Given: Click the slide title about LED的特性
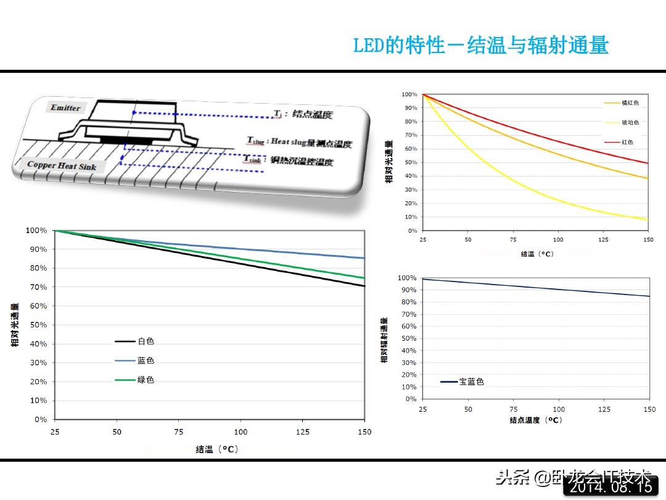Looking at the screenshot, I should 480,45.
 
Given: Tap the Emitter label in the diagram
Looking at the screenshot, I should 65,108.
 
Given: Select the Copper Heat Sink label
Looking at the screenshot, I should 62,165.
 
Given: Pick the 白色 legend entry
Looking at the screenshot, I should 146,341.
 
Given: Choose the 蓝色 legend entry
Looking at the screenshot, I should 146,360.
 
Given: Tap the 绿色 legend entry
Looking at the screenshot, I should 146,380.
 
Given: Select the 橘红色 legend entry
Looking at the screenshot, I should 630,102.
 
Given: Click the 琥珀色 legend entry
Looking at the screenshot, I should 630,122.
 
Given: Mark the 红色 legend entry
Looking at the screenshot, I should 627,142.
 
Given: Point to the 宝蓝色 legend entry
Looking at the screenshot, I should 471,381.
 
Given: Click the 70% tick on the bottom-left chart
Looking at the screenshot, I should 36,287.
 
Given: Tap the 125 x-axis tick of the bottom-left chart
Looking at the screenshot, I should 303,432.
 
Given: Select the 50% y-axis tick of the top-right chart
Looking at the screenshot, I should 409,162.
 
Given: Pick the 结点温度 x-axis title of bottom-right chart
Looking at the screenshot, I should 536,420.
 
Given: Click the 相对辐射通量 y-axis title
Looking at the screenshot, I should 384,340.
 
